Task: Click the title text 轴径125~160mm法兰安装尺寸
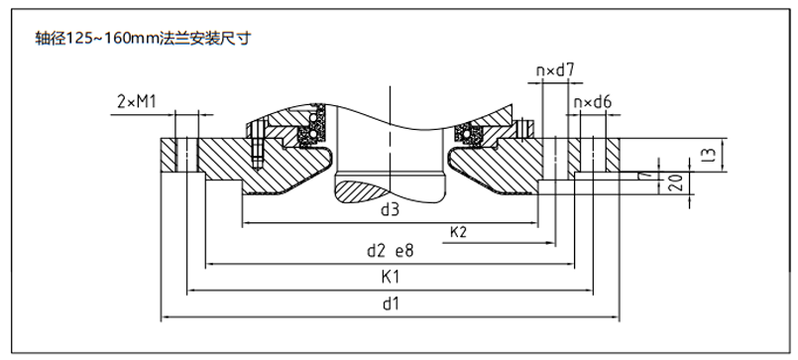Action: click(x=143, y=39)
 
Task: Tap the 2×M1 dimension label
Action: click(x=137, y=102)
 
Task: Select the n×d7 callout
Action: click(x=555, y=70)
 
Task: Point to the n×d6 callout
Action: click(x=593, y=102)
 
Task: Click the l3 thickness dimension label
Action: click(x=712, y=155)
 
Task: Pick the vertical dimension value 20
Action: click(x=675, y=182)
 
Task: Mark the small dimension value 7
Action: click(x=647, y=175)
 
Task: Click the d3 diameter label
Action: click(x=390, y=209)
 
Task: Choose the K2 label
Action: click(x=458, y=232)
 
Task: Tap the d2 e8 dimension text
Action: click(x=390, y=251)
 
